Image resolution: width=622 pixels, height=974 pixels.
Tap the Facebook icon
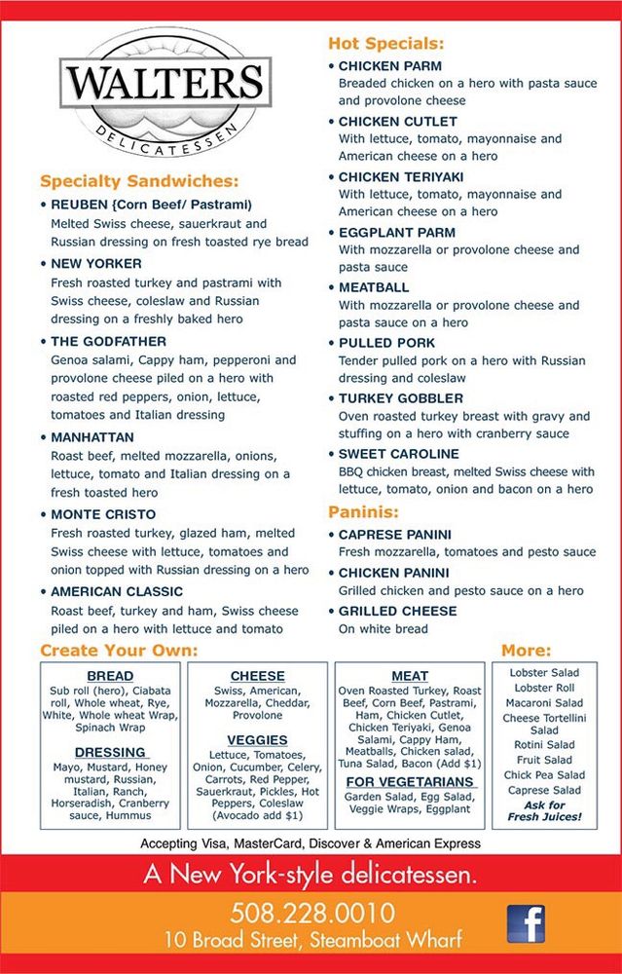pyautogui.click(x=526, y=923)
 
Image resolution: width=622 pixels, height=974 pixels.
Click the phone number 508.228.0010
pyautogui.click(x=312, y=914)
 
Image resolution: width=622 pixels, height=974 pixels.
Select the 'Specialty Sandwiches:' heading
pyautogui.click(x=139, y=182)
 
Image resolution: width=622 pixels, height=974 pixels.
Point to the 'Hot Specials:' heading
pyautogui.click(x=385, y=44)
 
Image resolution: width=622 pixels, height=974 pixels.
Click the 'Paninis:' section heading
pyautogui.click(x=364, y=511)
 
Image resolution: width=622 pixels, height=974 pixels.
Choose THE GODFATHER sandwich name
pyautogui.click(x=108, y=342)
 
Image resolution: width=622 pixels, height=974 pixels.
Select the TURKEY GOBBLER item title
pyautogui.click(x=400, y=398)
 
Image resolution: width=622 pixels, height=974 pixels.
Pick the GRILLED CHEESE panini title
pyautogui.click(x=396, y=611)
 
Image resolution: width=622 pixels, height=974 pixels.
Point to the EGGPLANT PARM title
pyautogui.click(x=396, y=233)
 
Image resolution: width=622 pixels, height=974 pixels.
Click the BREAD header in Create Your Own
pyautogui.click(x=110, y=676)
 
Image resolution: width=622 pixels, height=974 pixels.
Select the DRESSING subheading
pyautogui.click(x=110, y=752)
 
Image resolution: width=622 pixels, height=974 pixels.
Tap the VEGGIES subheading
pyautogui.click(x=258, y=740)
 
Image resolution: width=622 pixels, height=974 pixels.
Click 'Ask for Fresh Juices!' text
pyautogui.click(x=543, y=810)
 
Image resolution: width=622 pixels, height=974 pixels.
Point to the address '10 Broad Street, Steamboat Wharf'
pyautogui.click(x=312, y=941)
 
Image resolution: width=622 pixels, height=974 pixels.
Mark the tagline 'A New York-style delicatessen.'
pyautogui.click(x=311, y=875)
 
